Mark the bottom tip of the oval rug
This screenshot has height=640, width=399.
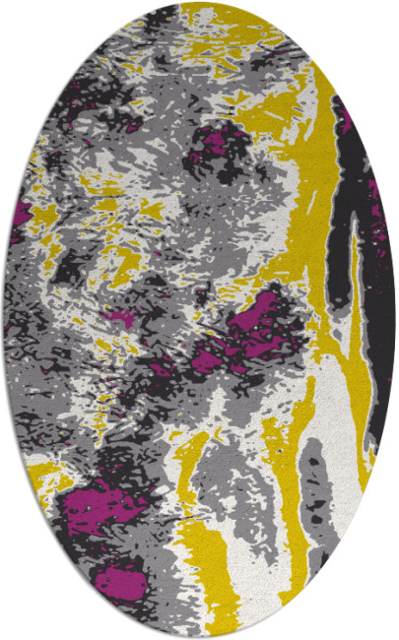[x=199, y=636]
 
